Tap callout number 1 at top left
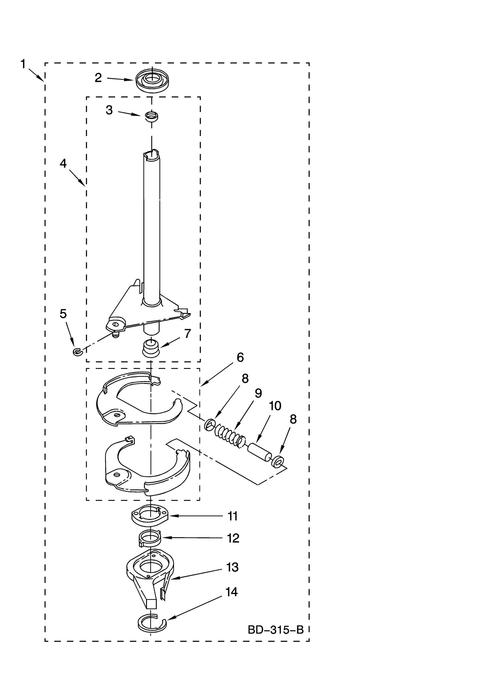click(23, 64)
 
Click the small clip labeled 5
click(76, 351)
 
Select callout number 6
click(240, 357)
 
